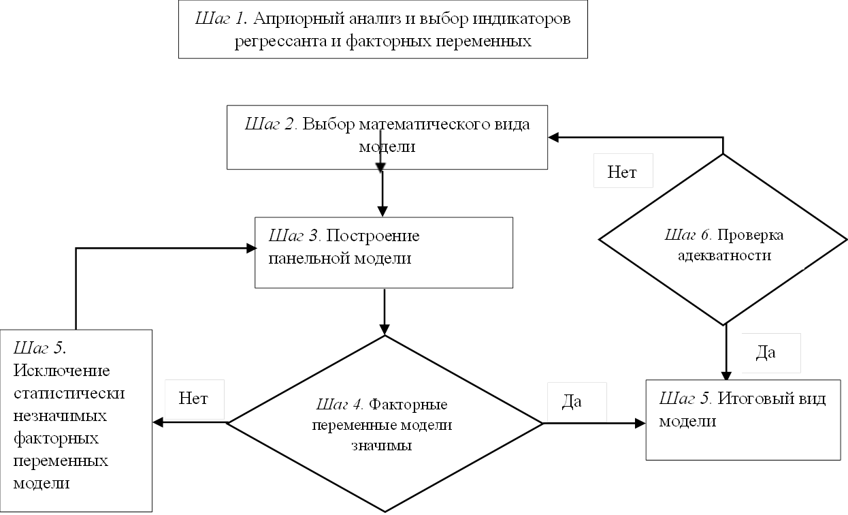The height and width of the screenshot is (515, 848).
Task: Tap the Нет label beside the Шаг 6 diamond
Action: [x=622, y=172]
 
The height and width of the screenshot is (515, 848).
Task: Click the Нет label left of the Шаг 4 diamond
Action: [x=193, y=397]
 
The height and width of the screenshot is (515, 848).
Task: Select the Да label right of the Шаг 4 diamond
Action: [x=572, y=401]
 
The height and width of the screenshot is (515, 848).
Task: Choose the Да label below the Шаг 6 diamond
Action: [x=766, y=353]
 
